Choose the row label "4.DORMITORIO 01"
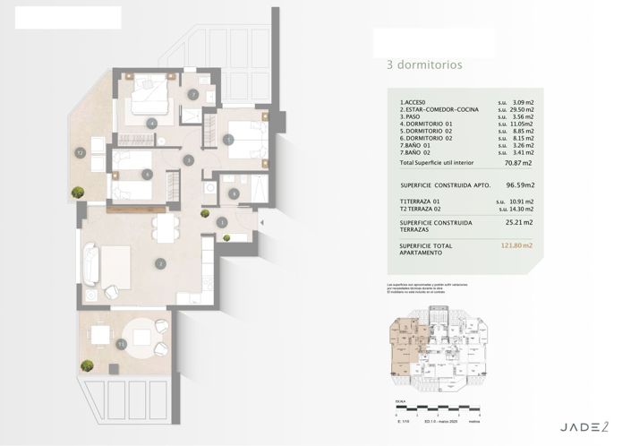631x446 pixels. click(x=426, y=124)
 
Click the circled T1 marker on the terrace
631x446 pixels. click(x=122, y=343)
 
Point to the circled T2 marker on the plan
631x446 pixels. click(x=80, y=151)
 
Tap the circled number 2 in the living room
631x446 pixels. click(x=160, y=263)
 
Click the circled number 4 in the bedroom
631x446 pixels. click(x=152, y=123)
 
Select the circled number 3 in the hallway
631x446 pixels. click(x=189, y=160)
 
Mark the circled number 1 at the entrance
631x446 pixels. click(x=221, y=221)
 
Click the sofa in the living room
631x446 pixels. click(x=90, y=266)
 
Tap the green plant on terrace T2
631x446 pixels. click(x=79, y=191)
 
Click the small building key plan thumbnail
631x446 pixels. click(x=435, y=350)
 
